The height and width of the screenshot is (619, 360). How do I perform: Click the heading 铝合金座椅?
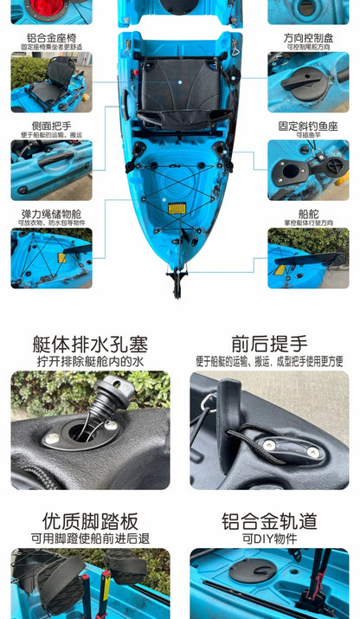pos(51,37)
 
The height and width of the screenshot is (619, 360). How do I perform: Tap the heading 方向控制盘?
pos(309,37)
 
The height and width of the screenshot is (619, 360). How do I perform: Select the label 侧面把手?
pos(51,126)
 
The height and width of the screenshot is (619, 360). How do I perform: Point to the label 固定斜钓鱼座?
pos(309,126)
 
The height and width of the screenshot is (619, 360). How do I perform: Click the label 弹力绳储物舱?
pos(51,213)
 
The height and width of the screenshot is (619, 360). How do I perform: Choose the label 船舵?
pos(309,213)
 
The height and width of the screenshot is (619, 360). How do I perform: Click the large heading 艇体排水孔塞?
pos(90,344)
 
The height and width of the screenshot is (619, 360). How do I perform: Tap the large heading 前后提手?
pos(269,344)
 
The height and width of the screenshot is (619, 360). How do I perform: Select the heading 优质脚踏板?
pos(90,521)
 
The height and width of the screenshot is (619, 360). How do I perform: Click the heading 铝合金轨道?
pos(269,521)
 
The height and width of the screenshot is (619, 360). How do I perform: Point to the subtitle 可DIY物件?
pos(269,538)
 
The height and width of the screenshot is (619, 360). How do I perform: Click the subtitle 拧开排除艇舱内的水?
pos(90,361)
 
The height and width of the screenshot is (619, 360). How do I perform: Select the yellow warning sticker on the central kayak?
pos(176,209)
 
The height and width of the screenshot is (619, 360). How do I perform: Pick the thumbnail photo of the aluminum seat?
pos(51,82)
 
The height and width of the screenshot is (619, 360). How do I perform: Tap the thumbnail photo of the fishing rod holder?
pos(309,170)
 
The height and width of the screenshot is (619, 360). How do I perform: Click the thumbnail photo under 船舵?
pos(309,257)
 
